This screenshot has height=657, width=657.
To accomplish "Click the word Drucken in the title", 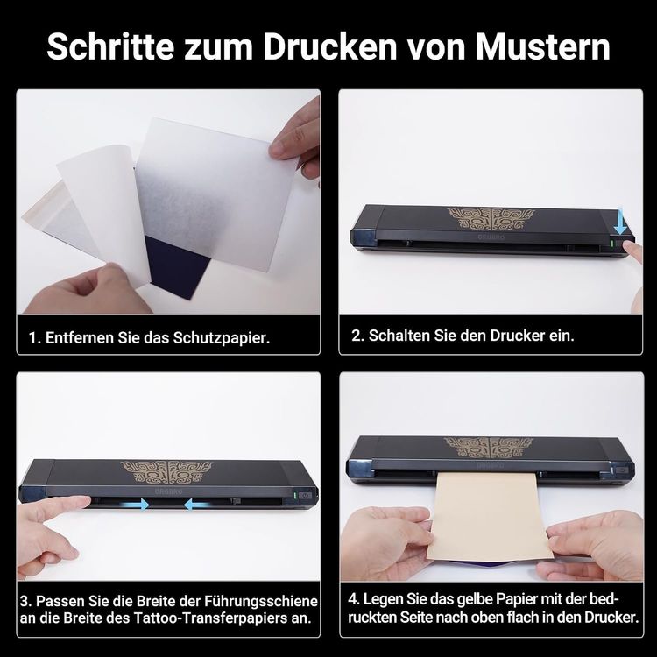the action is [x=329, y=46].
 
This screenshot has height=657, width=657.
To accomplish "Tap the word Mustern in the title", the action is [x=542, y=46].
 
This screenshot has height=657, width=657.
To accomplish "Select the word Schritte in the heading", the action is [x=110, y=46].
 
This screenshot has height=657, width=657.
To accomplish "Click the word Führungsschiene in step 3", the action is [x=261, y=602].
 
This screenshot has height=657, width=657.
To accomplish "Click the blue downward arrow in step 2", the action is [x=620, y=221].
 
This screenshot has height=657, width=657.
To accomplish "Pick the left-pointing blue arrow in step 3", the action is [x=196, y=504].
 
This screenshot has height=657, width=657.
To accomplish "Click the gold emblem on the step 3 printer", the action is [x=166, y=473].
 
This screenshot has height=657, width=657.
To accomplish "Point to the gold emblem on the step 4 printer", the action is [x=488, y=448].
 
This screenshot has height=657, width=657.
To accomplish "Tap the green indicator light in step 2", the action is [x=612, y=244].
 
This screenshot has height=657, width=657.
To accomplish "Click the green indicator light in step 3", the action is [x=296, y=495].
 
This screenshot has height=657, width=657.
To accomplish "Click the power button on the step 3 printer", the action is [x=307, y=495].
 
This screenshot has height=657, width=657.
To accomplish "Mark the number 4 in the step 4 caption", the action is [x=353, y=599].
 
